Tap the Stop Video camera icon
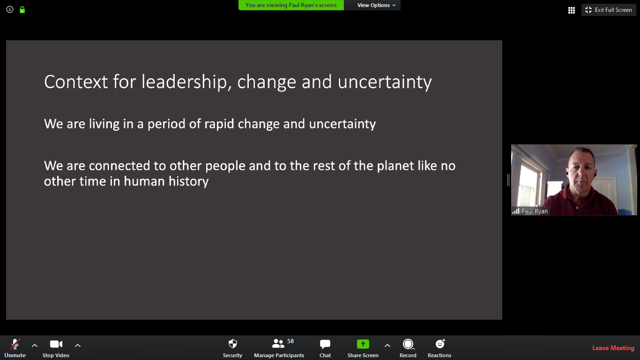click(56, 344)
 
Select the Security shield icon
click(233, 344)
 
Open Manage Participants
click(279, 348)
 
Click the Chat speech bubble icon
click(325, 344)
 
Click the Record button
click(408, 348)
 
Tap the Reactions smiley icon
click(440, 344)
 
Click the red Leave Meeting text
click(613, 348)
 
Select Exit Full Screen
click(609, 10)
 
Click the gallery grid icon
click(572, 10)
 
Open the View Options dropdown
click(376, 5)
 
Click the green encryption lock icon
click(22, 10)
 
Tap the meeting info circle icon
click(10, 10)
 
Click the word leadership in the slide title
click(186, 82)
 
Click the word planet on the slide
click(395, 166)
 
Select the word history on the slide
click(188, 182)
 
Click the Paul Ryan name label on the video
click(534, 211)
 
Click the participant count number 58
click(290, 341)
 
